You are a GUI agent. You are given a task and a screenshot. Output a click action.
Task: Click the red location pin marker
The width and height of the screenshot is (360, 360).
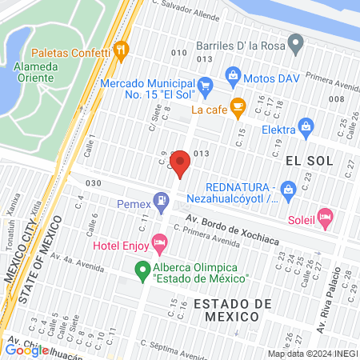(181, 163)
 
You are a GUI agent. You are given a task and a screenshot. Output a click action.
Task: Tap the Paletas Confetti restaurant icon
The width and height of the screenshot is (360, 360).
(122, 51)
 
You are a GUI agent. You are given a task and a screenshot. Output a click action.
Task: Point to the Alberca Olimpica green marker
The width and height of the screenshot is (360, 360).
(142, 269)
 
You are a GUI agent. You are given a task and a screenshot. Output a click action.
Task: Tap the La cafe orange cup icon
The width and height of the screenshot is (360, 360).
(237, 105)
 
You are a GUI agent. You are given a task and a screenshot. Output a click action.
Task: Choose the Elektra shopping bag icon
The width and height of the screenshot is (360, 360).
(305, 125)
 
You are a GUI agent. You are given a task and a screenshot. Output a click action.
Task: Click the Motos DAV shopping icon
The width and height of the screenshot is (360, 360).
(233, 78)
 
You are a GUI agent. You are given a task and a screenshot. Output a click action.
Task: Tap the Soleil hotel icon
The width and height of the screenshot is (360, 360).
(324, 216)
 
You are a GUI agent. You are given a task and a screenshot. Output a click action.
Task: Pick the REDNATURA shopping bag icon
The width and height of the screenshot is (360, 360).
(289, 188)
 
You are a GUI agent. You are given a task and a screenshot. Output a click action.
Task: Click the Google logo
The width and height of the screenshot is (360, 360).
(26, 350)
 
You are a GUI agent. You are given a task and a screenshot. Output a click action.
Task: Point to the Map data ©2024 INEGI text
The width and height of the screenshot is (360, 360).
(313, 354)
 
